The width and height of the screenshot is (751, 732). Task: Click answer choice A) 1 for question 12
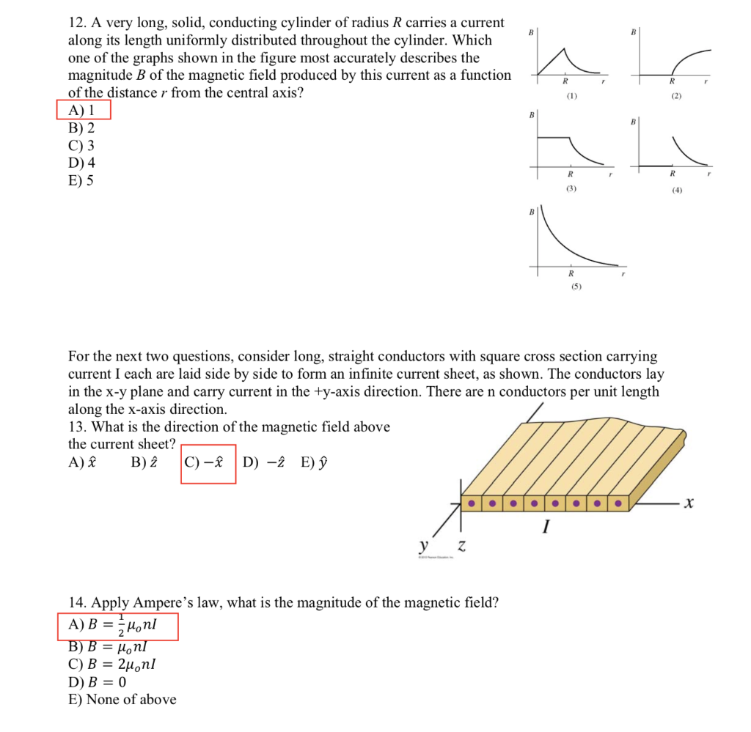tap(82, 111)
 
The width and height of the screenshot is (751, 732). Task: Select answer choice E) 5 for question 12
tap(81, 180)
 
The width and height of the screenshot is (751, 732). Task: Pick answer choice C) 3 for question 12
tap(81, 145)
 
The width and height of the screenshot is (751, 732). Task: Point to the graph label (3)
tap(571, 189)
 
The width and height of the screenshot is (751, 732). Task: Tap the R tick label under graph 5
tap(571, 273)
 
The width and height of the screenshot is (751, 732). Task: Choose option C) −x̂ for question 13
tap(208, 462)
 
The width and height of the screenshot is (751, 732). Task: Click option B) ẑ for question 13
tap(144, 462)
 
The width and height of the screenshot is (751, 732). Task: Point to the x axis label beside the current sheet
tap(687, 503)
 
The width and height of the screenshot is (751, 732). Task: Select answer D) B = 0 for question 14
tap(97, 681)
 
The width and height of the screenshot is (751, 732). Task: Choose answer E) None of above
tap(122, 699)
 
